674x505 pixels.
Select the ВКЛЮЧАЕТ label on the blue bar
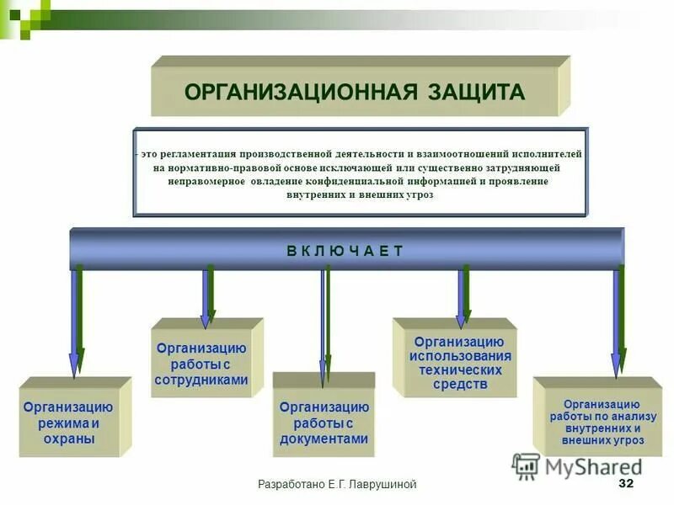coord(345,250)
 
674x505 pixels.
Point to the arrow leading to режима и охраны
coord(76,320)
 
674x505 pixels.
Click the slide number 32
coord(625,483)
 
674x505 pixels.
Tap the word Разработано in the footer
coord(292,484)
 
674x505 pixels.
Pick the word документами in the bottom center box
coord(324,439)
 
